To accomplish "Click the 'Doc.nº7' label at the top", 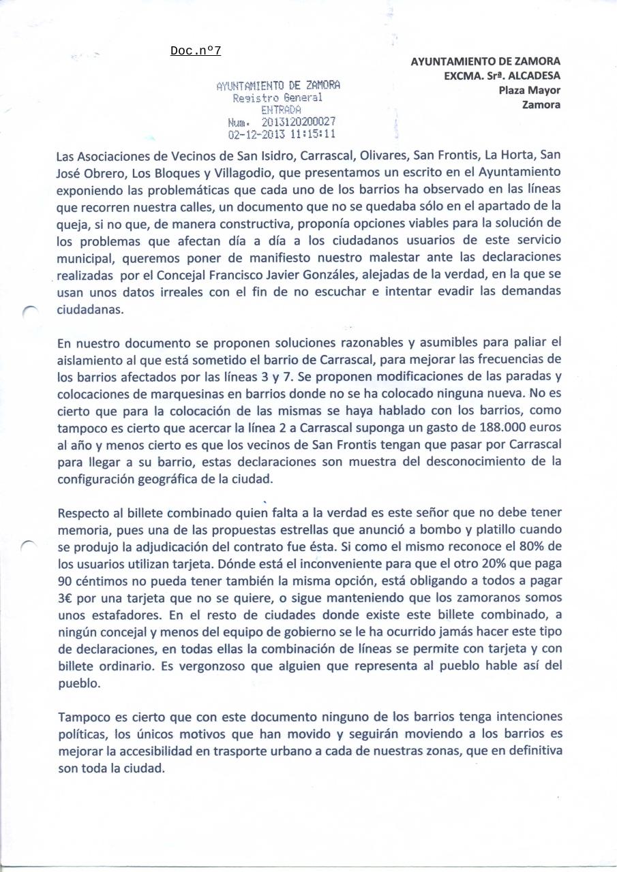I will (x=196, y=51).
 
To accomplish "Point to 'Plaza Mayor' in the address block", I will (x=529, y=90).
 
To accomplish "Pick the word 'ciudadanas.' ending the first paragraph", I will (x=91, y=309).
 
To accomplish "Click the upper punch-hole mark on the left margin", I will (x=29, y=310).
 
